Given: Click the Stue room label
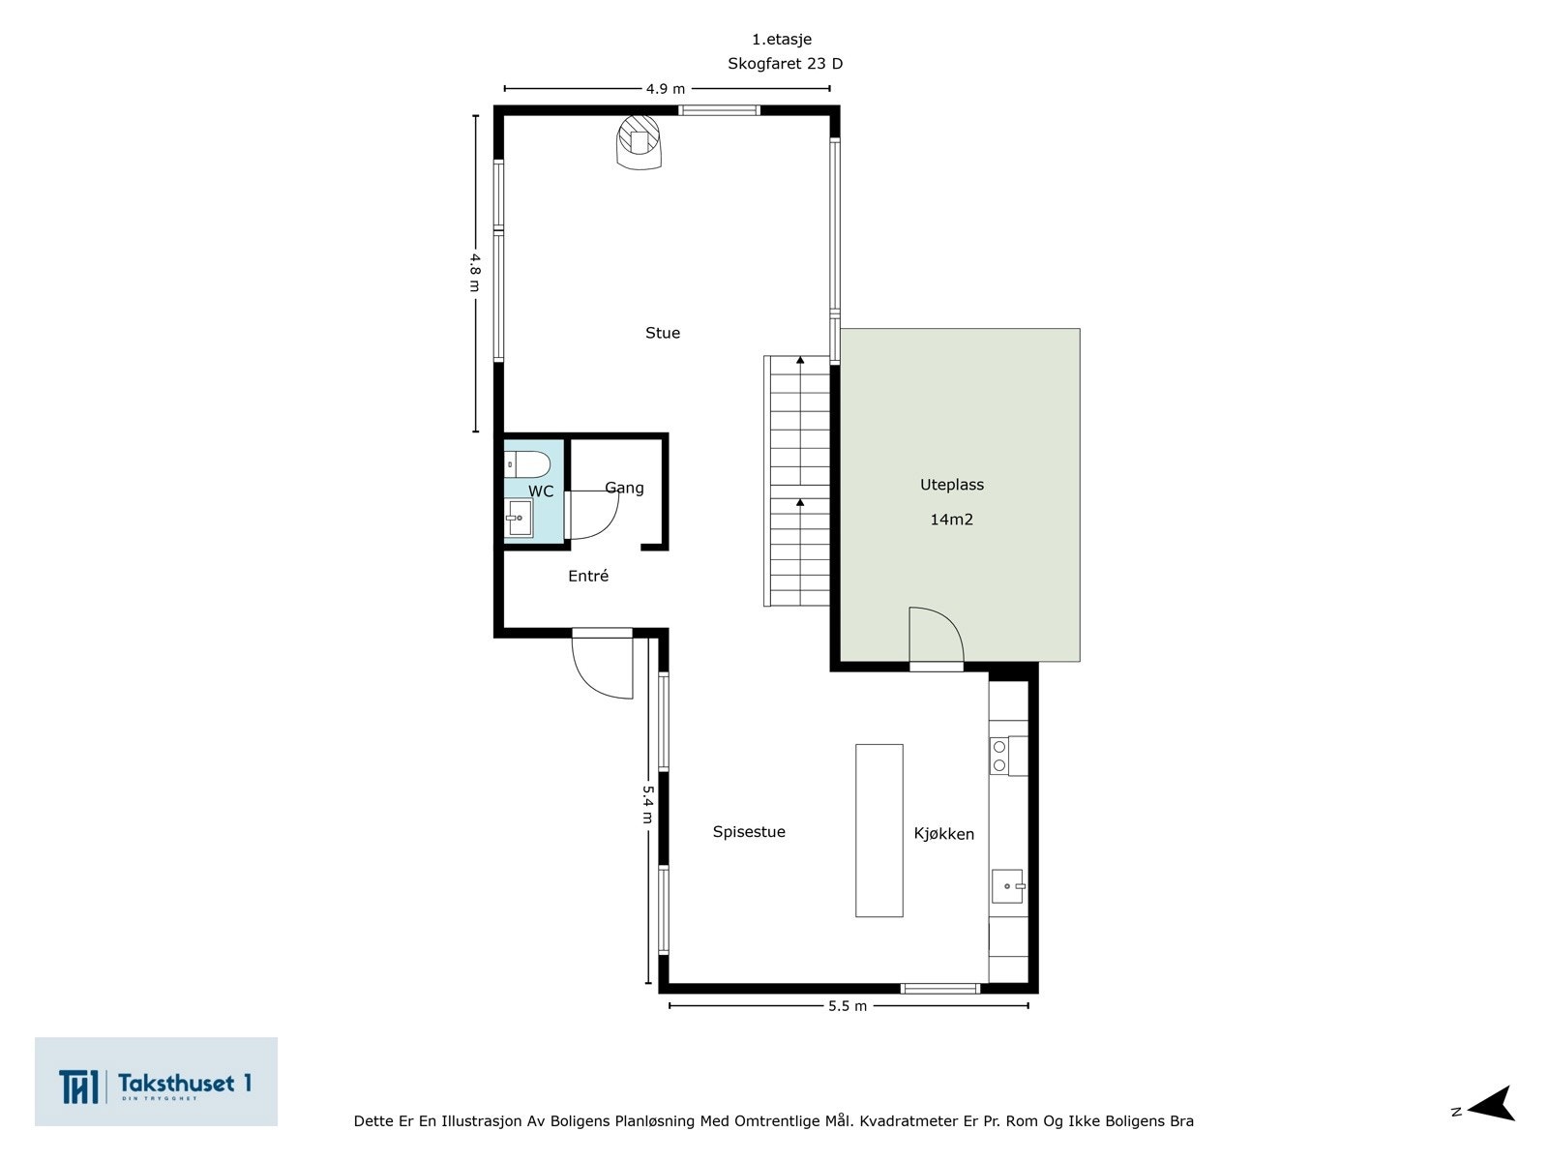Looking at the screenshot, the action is pos(662,333).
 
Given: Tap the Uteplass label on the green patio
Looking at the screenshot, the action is pos(951,485).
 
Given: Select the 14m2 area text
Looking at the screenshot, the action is pos(951,520).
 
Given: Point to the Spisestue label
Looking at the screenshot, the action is pos(748,832).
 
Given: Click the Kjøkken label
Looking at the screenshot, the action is pos(943,834).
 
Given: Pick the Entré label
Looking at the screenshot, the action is pos(588,576).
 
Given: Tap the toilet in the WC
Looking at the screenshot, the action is pos(527,464).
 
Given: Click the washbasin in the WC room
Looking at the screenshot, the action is pos(519,519).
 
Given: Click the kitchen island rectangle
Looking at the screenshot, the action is pos(878,830).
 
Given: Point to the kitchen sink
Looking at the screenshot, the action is pos(1008,886).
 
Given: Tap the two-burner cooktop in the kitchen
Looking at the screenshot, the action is pos(1008,756).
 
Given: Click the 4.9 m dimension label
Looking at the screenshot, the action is pos(666,89).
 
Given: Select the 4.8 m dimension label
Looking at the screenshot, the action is pos(475,273).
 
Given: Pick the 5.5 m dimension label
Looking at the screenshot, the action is pos(848,1006).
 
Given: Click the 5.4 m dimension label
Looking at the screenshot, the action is pos(648,804).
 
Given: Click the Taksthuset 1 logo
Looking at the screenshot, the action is pos(156,1082).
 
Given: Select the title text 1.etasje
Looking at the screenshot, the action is pos(782,40).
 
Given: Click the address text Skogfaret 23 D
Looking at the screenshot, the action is pos(785,64).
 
